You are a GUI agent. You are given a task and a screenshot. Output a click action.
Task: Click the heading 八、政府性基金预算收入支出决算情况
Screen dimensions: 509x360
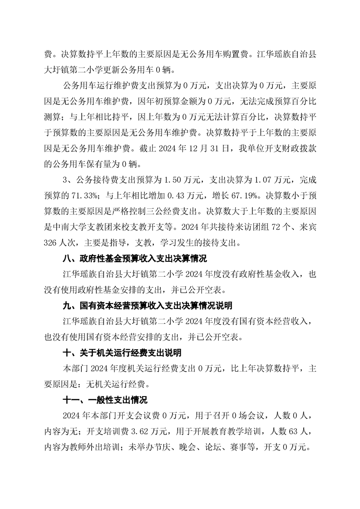click(x=134, y=259)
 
